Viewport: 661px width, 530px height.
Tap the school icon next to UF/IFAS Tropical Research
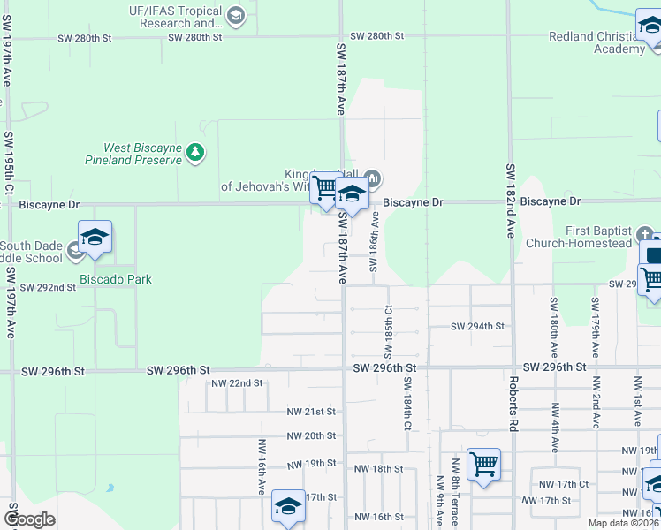tap(235, 15)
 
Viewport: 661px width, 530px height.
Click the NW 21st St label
tap(311, 412)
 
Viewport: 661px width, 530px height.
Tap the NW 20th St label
tap(311, 435)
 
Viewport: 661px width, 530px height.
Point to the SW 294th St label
tap(477, 326)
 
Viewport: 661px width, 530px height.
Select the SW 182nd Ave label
tap(510, 201)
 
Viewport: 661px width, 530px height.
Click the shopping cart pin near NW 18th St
tap(483, 463)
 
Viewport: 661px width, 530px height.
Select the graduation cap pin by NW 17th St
tap(288, 506)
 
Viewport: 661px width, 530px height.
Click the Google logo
tap(29, 519)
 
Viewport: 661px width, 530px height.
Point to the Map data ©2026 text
tap(622, 523)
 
